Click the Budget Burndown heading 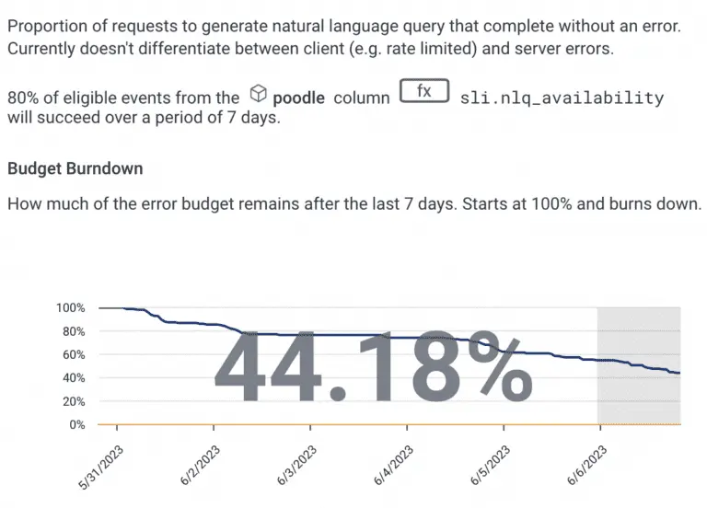point(75,169)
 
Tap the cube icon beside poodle point(259,94)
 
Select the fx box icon point(423,92)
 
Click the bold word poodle point(298,97)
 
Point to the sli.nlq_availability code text point(562,97)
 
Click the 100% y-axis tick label point(70,307)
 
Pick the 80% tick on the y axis point(73,331)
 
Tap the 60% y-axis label point(73,354)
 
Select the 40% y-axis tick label point(73,378)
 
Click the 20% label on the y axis point(73,401)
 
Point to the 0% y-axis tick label point(76,425)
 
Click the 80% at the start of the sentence point(23,97)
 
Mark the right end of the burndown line point(679,373)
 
